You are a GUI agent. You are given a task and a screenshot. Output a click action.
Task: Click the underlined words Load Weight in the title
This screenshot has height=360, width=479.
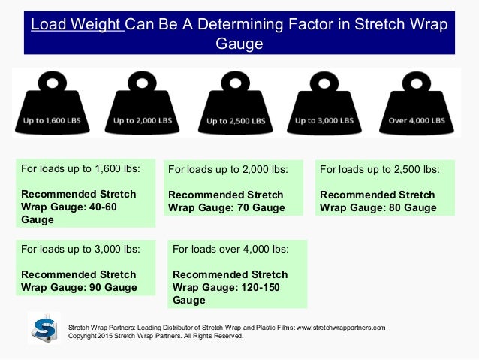76,24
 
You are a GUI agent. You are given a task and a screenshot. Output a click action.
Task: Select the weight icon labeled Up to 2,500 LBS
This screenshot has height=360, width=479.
236,105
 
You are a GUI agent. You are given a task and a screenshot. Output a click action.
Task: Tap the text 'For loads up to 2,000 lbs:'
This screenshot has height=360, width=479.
228,170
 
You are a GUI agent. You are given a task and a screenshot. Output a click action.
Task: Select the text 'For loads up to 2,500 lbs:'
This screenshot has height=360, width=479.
380,170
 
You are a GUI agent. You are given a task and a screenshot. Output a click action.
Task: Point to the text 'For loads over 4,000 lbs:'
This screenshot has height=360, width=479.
230,249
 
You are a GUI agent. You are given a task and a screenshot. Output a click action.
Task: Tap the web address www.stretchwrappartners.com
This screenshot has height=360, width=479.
341,328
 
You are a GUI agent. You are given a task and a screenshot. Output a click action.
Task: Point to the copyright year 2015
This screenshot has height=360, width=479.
107,337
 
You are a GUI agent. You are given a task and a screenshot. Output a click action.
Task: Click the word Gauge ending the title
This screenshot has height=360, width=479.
239,44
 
